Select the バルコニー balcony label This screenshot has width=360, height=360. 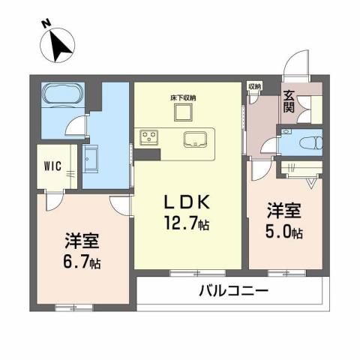tap(232, 291)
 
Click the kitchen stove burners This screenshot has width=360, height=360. tap(148, 137)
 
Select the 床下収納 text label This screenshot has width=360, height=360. tap(182, 97)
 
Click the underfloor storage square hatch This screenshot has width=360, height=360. tap(183, 112)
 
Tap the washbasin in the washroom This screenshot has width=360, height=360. tap(94, 158)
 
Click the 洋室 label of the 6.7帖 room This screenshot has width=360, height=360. tap(83, 243)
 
